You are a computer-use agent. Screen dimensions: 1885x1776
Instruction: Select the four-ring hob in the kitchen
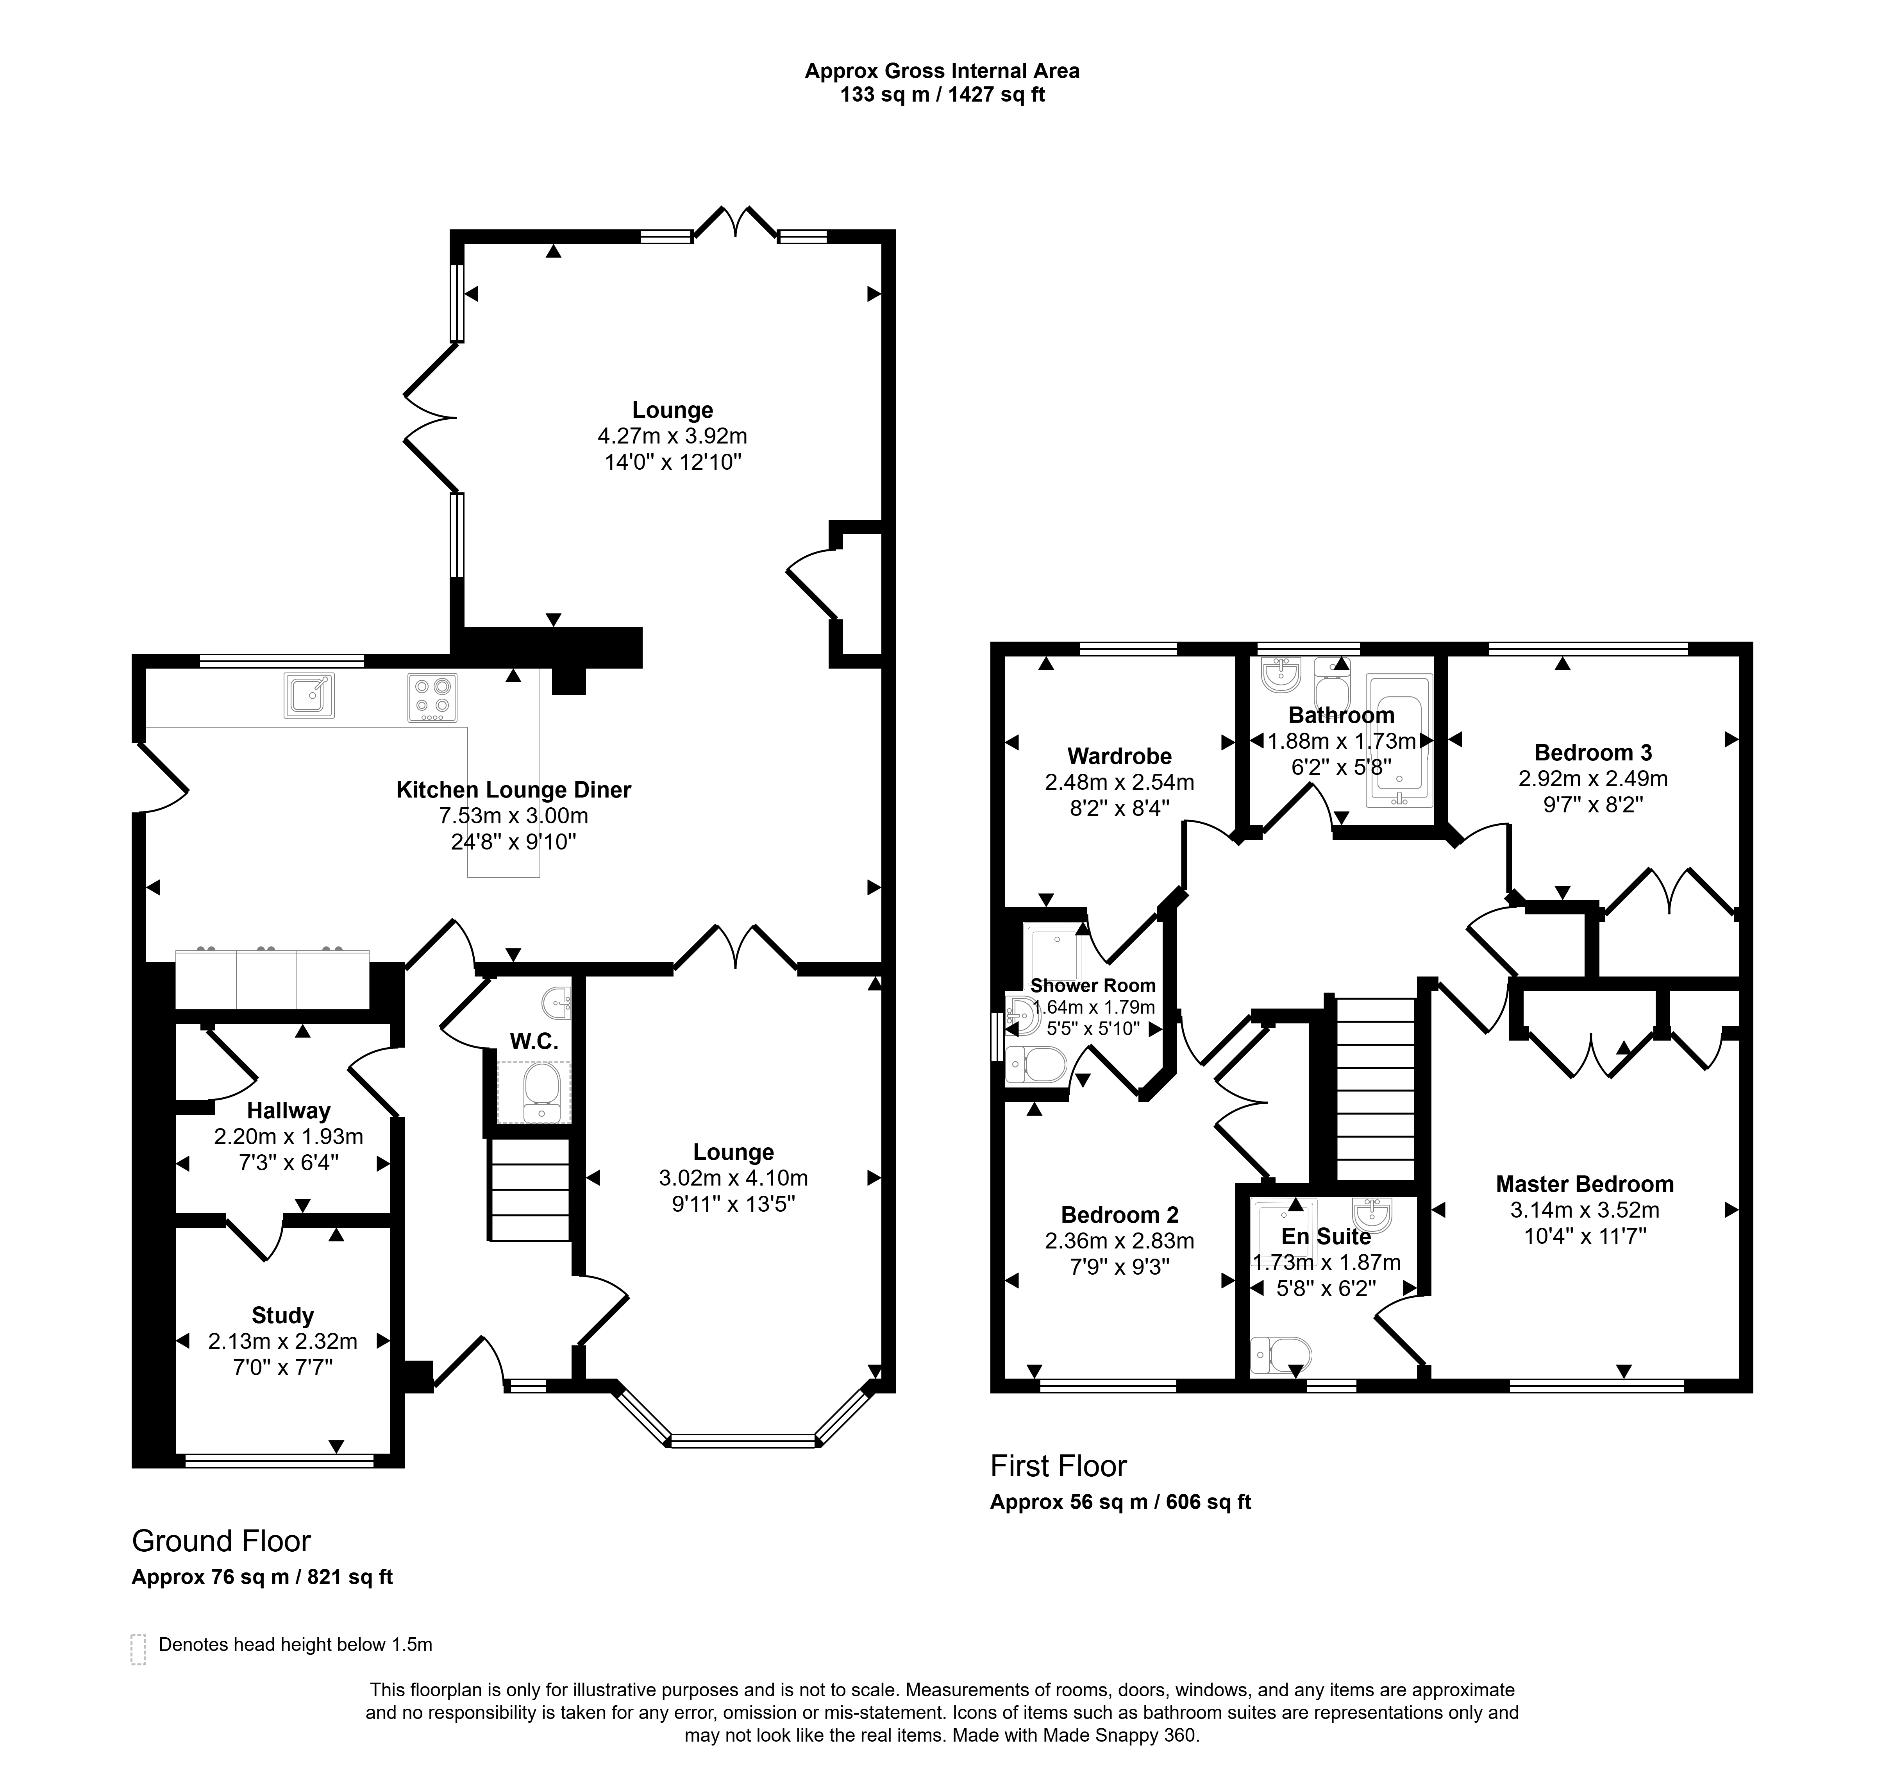click(x=432, y=697)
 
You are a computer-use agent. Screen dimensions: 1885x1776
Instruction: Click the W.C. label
click(x=534, y=1041)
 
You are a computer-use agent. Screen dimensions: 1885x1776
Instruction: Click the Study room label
click(x=282, y=1315)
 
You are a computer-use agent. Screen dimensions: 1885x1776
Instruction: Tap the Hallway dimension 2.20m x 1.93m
click(x=288, y=1136)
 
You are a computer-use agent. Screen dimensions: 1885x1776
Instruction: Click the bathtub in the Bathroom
click(x=1397, y=740)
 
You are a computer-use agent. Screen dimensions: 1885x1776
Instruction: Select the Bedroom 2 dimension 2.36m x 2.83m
click(x=1120, y=1240)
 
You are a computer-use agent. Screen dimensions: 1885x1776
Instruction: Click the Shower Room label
click(x=1093, y=985)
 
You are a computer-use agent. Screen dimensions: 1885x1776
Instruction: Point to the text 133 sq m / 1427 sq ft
click(x=942, y=95)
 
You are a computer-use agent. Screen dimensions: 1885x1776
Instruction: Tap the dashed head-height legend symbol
click(x=138, y=1649)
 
